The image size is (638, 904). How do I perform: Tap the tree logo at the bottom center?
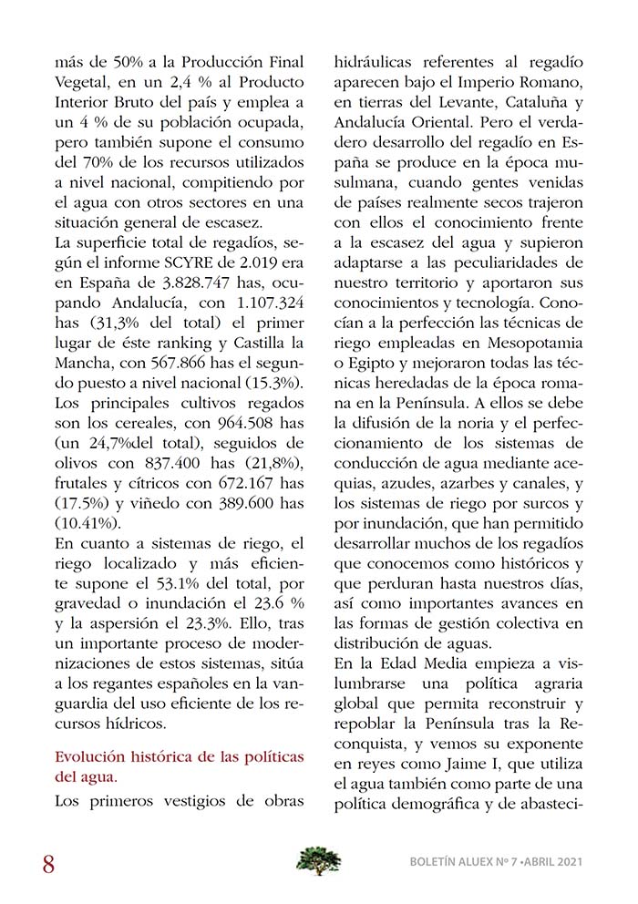(319, 860)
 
